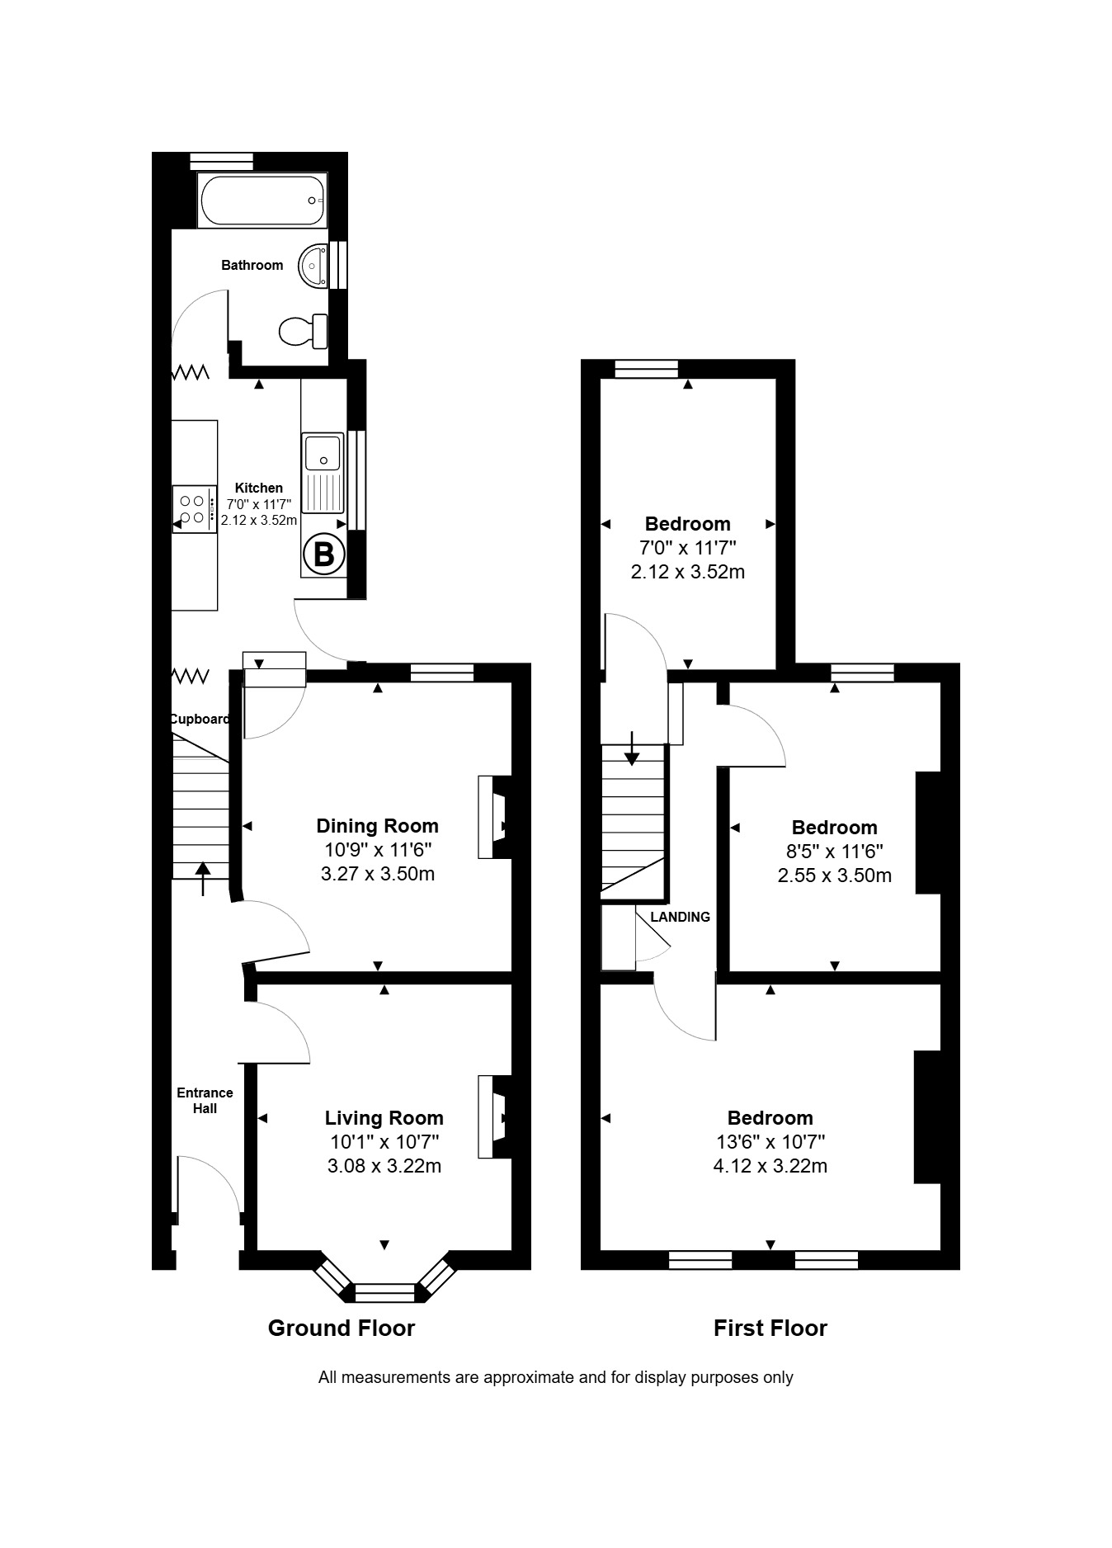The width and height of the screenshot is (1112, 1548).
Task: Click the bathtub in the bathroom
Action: [262, 201]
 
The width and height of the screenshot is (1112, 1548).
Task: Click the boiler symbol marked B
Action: [324, 554]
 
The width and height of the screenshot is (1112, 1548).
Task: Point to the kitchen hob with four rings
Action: [194, 509]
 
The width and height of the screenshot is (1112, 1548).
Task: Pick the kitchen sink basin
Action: [323, 452]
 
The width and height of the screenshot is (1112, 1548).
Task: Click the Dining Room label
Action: [378, 825]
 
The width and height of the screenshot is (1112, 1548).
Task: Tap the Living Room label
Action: [384, 1117]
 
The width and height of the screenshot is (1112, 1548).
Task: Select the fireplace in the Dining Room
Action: [493, 817]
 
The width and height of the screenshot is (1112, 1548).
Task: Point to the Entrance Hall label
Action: [205, 1100]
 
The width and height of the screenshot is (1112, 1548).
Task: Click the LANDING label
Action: [681, 917]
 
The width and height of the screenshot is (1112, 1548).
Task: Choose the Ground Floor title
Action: [342, 1328]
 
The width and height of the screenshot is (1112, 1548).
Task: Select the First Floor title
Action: [770, 1328]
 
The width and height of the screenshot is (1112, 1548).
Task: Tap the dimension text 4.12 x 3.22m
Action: [770, 1166]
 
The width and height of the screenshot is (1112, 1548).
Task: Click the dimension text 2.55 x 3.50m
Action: [835, 875]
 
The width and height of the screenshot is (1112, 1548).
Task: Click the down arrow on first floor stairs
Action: [632, 748]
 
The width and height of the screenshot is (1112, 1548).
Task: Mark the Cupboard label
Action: [200, 719]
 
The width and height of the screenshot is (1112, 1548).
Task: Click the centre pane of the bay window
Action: [384, 1292]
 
